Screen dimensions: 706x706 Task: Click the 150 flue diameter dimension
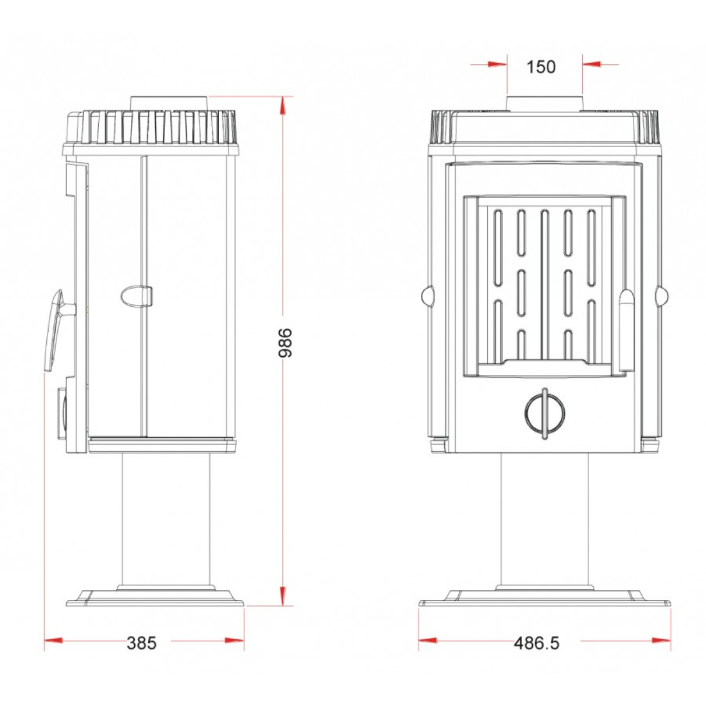tap(541, 67)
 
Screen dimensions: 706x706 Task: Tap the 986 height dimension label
tap(286, 343)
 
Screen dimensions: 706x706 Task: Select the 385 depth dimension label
tap(141, 643)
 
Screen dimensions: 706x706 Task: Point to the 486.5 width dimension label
tap(537, 643)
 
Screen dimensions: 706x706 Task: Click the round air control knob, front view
tap(545, 413)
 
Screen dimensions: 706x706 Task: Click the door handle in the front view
tap(627, 331)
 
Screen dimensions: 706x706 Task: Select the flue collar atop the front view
tap(545, 103)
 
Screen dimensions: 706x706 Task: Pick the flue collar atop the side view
tap(169, 103)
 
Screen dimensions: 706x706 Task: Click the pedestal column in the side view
tap(167, 520)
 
